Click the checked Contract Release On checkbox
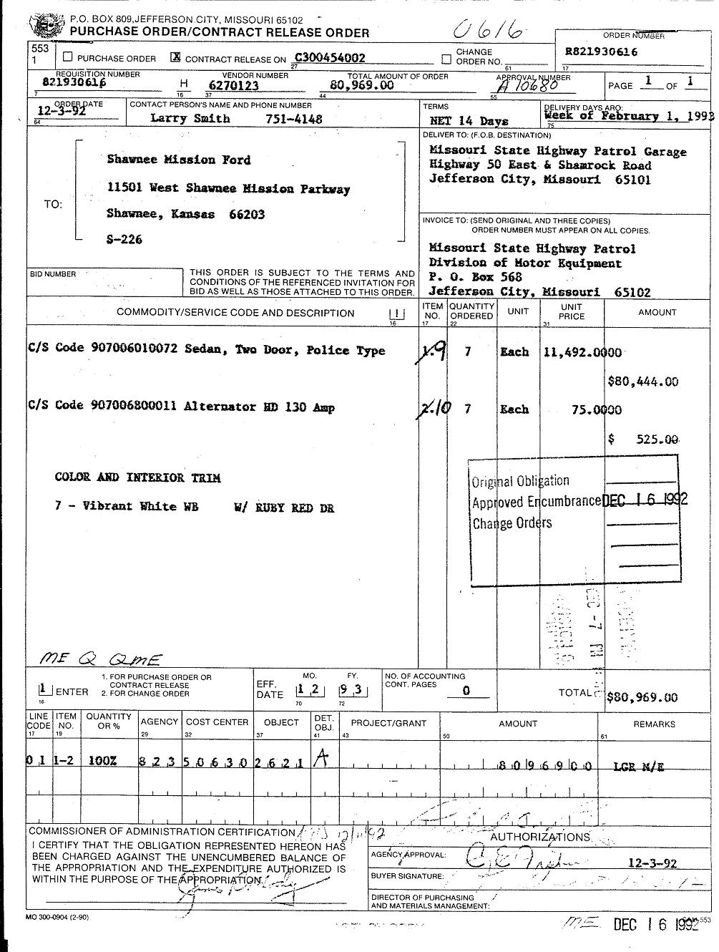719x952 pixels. tap(175, 58)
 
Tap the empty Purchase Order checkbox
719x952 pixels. tap(68, 57)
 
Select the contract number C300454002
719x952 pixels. tap(330, 58)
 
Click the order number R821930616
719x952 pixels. tap(601, 52)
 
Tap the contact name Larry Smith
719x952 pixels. tap(190, 119)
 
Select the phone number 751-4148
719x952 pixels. tap(293, 119)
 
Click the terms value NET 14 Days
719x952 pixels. tap(469, 121)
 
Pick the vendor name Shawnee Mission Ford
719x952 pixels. tap(179, 160)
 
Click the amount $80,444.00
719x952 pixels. tap(642, 382)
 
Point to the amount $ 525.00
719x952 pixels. tap(642, 439)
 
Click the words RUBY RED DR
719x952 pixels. tap(284, 508)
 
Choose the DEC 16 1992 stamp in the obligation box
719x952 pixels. tap(645, 500)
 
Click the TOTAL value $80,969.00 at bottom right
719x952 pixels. tap(642, 697)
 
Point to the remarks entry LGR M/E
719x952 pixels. tap(639, 767)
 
